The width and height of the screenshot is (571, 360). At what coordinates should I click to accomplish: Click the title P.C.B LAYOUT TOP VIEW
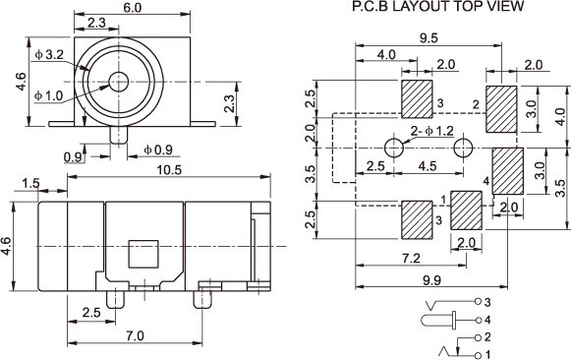point(438,7)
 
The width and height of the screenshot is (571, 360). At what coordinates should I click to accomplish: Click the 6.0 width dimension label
point(132,7)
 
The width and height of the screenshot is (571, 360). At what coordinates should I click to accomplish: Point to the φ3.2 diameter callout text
point(49,55)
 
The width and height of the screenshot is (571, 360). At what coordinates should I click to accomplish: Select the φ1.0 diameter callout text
point(49,95)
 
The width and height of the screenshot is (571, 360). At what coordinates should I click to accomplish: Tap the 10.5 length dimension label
point(169,170)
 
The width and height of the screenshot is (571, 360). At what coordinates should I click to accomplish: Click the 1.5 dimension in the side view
point(30,183)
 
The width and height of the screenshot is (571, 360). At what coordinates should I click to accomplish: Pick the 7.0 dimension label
point(135,335)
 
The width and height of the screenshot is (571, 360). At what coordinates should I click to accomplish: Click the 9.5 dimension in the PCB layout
point(428,38)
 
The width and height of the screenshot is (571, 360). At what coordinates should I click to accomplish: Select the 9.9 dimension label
point(431,280)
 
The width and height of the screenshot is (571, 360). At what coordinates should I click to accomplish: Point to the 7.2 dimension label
point(411,259)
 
